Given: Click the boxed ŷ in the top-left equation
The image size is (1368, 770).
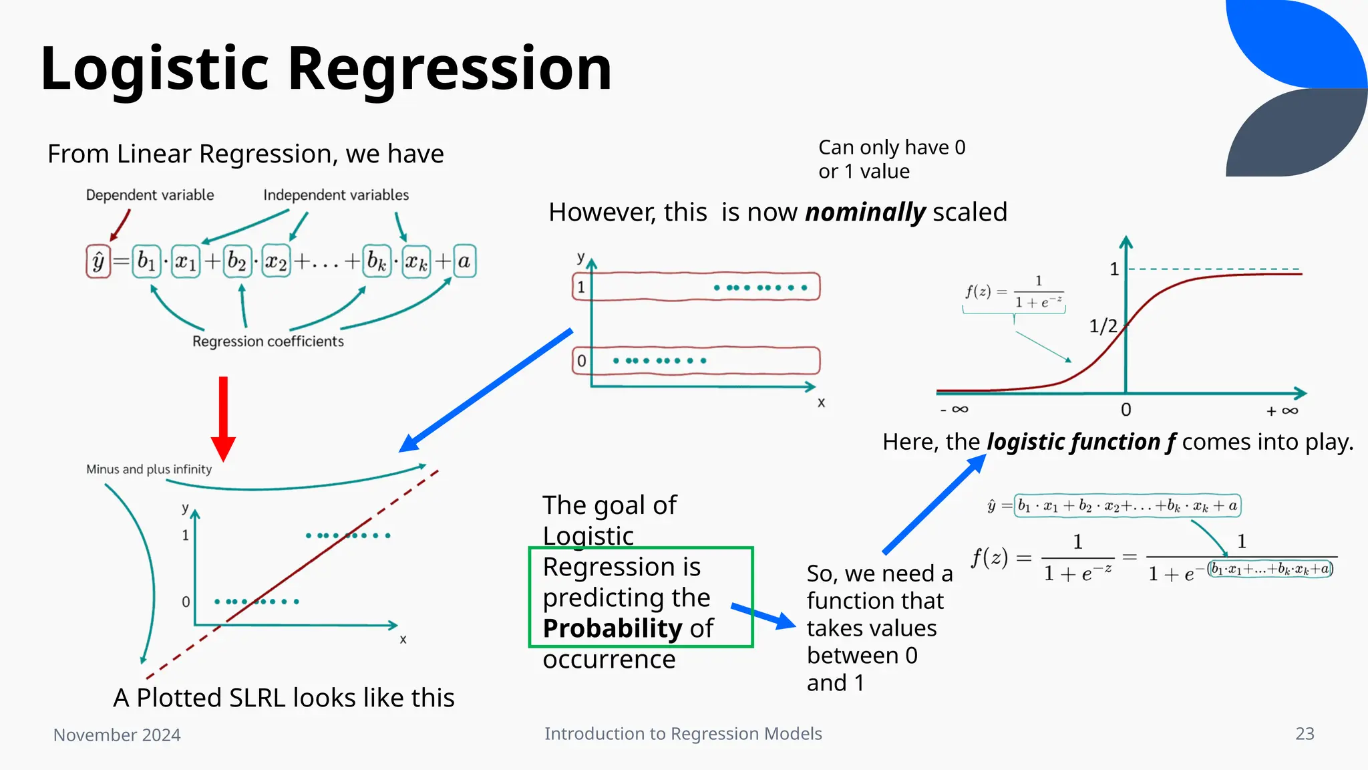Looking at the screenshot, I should pos(98,261).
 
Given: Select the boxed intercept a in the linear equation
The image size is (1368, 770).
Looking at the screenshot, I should pos(464,261).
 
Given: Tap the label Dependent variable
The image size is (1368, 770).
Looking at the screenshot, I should pos(150,195).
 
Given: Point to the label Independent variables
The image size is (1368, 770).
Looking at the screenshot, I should pos(335,195).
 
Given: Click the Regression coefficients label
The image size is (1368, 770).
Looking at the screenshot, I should pos(268,342).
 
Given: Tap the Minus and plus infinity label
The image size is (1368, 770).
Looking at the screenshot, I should pos(149,469).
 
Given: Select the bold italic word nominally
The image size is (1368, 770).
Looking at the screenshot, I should pos(865,213).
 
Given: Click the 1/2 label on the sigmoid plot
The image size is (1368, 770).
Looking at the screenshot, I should pos(1103,326).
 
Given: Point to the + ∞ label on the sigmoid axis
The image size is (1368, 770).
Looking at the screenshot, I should pos(1282,411).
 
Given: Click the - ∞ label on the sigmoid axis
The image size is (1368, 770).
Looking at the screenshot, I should pos(954,409).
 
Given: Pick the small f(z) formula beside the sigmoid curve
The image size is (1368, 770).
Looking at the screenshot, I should pos(1013,293).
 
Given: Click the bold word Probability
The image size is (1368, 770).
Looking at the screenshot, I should pos(612,629).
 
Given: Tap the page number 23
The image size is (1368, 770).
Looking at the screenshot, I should pos(1305,734).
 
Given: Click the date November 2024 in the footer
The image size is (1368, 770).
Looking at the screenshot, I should pos(117,735).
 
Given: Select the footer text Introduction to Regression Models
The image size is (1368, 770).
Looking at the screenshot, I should pos(683,734).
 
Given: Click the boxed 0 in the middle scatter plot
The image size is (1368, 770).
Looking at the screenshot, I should pos(581,361).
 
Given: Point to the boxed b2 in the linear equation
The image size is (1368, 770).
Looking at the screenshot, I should pos(236,261).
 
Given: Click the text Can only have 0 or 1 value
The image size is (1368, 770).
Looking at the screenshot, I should pos(891,159).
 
